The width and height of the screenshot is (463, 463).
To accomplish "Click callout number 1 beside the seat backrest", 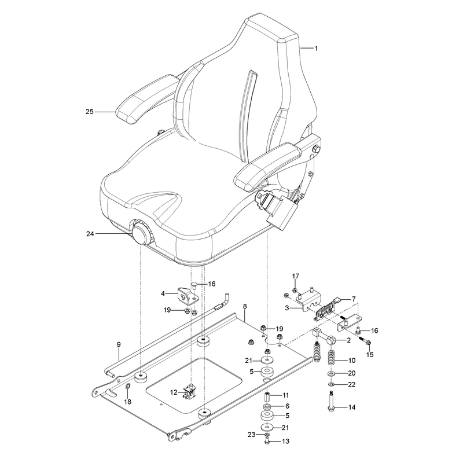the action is coord(316,48).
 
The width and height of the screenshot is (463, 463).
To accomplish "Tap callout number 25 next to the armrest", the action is coord(90,112).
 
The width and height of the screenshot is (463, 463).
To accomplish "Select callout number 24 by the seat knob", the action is coord(90,234).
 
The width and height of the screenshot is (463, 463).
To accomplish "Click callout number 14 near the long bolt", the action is coord(352,407).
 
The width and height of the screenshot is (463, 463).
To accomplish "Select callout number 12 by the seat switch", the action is coord(174,392).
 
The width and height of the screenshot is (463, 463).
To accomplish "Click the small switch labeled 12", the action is coord(190,392).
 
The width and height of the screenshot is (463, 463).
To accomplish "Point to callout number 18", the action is coord(127,402).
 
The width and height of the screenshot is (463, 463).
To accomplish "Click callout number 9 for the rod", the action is coord(119,344).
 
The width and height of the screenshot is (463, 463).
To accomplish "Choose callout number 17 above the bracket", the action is coord(296,276).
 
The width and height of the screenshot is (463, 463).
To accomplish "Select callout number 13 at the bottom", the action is coord(285,441).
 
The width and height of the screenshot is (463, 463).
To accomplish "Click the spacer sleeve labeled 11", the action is coord(267,395).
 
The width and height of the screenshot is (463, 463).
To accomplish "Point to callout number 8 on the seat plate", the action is coord(245,306).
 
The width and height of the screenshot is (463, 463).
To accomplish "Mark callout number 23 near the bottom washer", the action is coord(251,435).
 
